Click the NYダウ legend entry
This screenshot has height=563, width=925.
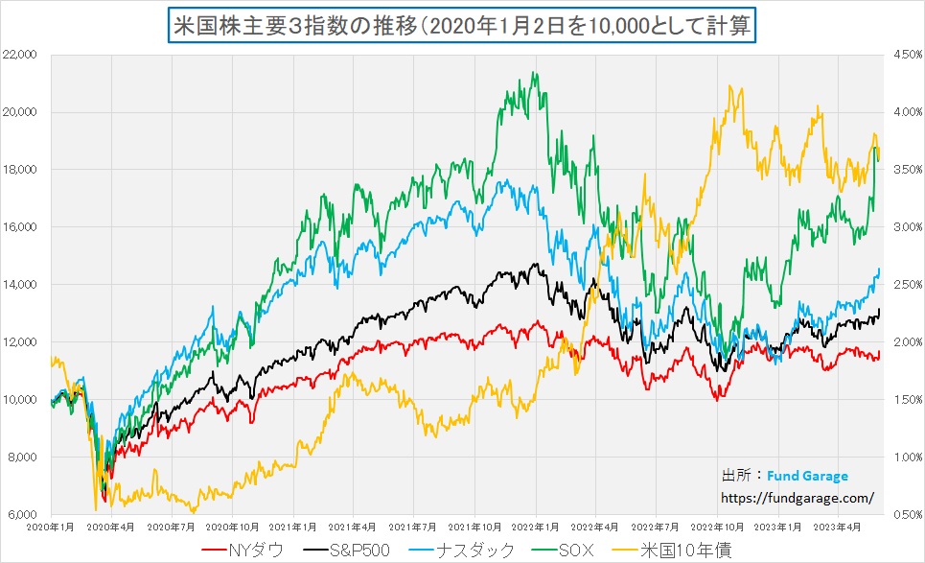pyautogui.click(x=243, y=550)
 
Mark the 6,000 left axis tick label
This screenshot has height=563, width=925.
pyautogui.click(x=22, y=515)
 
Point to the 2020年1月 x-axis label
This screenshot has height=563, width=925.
pyautogui.click(x=51, y=527)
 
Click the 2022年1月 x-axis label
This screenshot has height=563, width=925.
pyautogui.click(x=535, y=527)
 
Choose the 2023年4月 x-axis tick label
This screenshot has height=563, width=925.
pyautogui.click(x=838, y=527)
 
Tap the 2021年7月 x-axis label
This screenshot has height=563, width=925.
pyautogui.click(x=414, y=527)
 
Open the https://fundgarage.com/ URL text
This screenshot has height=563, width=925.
pyautogui.click(x=797, y=497)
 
